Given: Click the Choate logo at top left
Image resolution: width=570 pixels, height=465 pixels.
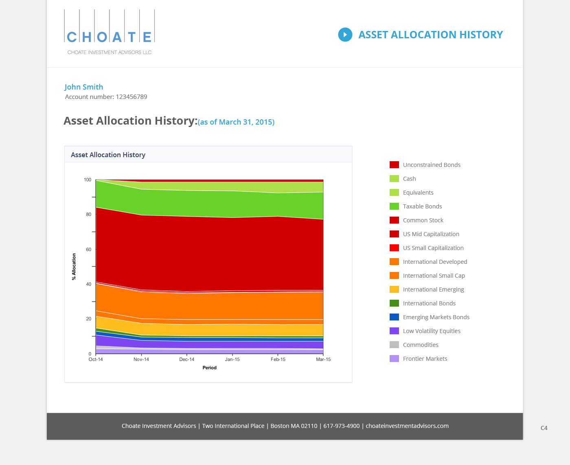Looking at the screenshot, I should tap(109, 32).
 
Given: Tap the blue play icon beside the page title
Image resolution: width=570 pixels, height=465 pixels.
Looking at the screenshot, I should tap(345, 35).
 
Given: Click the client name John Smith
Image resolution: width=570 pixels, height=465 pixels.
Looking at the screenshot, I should tap(84, 87).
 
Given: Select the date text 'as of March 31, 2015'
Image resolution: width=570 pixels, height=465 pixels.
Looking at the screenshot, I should tap(236, 122).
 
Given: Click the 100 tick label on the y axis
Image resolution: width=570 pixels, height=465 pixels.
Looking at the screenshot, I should tap(88, 180).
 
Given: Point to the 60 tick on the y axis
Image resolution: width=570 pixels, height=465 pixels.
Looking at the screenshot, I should tap(89, 249).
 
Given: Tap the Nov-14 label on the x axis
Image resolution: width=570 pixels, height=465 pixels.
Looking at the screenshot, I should tap(141, 360).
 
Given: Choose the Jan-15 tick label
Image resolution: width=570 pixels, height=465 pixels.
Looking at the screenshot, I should tap(232, 360).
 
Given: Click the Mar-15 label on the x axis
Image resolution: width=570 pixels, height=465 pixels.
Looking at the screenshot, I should tap(323, 360).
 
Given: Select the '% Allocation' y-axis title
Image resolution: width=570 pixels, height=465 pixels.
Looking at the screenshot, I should tap(74, 267).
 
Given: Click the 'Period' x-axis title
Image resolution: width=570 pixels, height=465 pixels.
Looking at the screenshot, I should tap(210, 368).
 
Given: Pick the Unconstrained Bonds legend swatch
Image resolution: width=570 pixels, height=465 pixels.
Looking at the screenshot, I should tap(394, 165).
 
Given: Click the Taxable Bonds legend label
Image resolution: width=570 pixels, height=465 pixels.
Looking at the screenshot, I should tap(422, 206).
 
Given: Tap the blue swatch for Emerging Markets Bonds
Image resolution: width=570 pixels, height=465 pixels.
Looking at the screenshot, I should tap(394, 317).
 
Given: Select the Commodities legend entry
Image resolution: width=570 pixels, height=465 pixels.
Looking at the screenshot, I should tap(421, 345).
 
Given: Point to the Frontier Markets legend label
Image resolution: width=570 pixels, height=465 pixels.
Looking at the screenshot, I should tap(425, 359).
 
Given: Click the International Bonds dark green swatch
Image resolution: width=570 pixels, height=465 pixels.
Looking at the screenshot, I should tap(394, 303).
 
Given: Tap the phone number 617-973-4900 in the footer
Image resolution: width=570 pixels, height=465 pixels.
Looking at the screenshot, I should tap(342, 426).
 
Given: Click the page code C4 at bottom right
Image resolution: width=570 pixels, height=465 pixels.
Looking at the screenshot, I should tap(544, 428).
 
